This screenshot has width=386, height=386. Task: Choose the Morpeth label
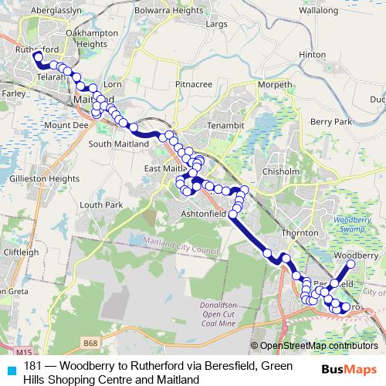click(x=276, y=84)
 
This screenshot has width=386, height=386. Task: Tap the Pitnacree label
click(x=194, y=83)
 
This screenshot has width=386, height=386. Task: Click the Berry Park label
click(x=331, y=122)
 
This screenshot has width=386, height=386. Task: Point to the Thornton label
click(x=300, y=232)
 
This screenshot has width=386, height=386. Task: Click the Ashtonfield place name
click(x=204, y=212)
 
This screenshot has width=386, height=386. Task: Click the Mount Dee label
click(x=63, y=125)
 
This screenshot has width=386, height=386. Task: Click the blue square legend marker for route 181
click(x=10, y=367)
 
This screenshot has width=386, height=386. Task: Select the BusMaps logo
click(x=350, y=371)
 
